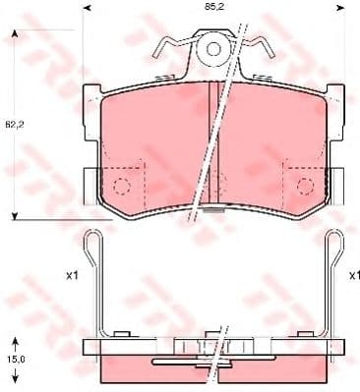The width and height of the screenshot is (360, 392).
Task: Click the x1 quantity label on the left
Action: click(72, 276)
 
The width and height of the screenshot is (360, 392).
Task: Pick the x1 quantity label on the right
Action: click(346, 276)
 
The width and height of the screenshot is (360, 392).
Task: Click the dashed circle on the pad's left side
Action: click(121, 184)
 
